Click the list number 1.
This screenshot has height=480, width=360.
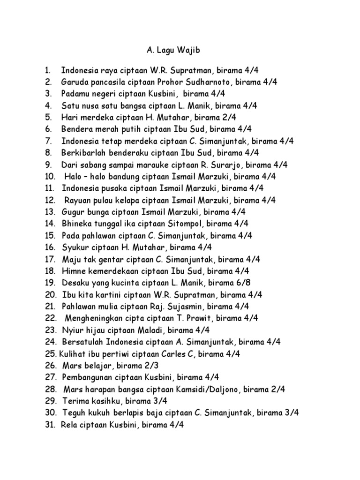[47, 71]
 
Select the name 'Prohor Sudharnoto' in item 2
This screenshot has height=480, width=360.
[199, 82]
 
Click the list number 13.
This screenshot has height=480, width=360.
[50, 211]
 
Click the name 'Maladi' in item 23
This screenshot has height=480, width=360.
[145, 330]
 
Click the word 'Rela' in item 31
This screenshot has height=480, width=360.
[68, 425]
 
